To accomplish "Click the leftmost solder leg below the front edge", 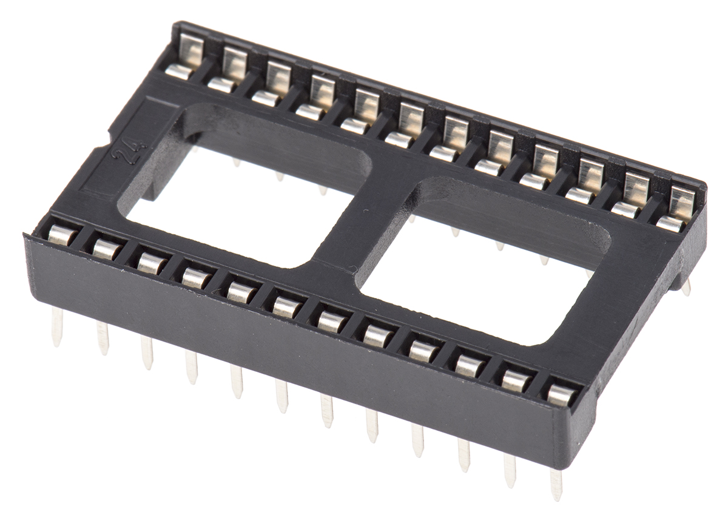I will (57, 326).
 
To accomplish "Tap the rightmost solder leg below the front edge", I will (556, 484).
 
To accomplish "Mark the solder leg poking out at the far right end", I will (686, 286).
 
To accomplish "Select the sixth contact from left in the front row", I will (286, 307).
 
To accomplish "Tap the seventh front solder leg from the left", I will (326, 411).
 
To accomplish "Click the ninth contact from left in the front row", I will (422, 350).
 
